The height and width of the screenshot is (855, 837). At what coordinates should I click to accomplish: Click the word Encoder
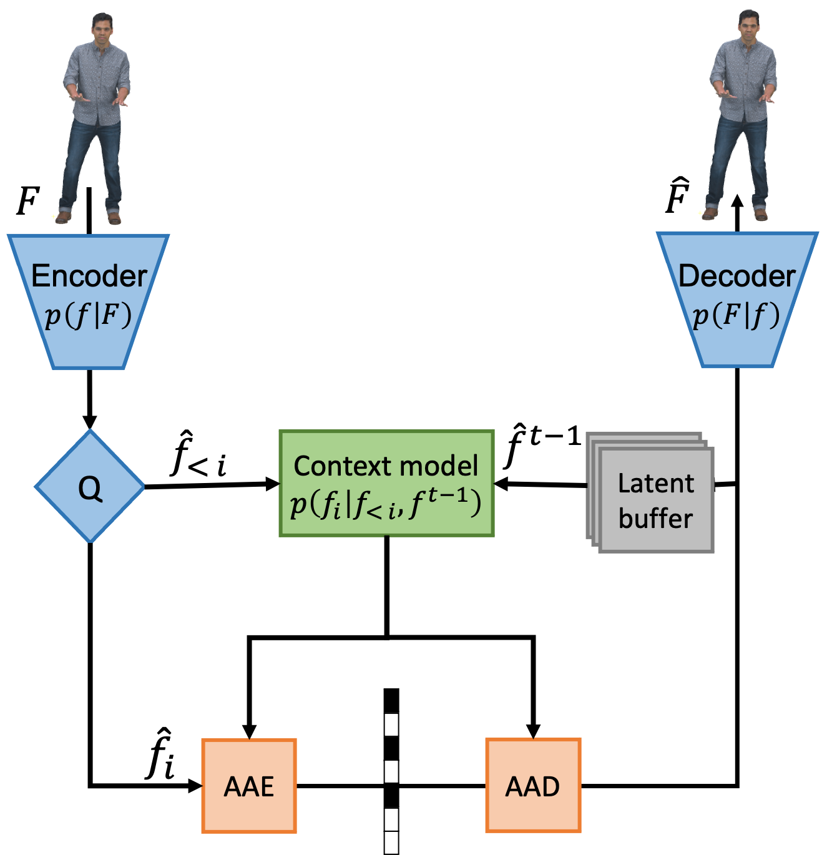point(89,276)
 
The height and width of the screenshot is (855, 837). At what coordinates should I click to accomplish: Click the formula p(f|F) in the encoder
point(88,316)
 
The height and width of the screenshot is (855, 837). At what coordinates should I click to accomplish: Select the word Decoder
point(737,276)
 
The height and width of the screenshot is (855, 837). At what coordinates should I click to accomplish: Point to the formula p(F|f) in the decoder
point(736,316)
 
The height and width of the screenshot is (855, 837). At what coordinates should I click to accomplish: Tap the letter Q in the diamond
point(90,488)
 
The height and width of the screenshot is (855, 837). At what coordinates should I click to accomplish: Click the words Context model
point(386,466)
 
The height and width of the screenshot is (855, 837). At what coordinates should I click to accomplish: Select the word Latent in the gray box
point(655,484)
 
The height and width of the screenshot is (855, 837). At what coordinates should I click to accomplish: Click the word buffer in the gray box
point(655,519)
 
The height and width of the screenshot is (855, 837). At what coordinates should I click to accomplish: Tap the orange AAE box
point(249,786)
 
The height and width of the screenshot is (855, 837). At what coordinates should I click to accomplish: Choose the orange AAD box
point(533,786)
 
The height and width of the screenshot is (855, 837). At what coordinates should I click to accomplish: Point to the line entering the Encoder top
point(89,209)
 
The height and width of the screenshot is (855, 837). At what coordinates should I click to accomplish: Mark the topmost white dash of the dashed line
point(391,725)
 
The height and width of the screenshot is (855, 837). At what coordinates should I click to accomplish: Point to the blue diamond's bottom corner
point(91,539)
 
